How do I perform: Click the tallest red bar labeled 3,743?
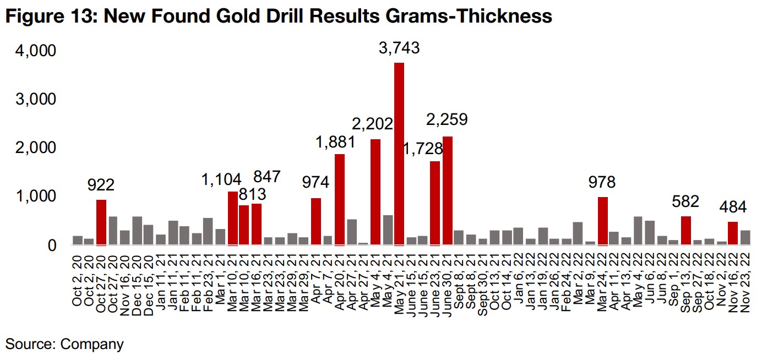(x=399, y=154)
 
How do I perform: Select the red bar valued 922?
(x=101, y=222)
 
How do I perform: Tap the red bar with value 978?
(x=603, y=221)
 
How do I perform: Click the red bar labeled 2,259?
(x=447, y=190)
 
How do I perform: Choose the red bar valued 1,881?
(x=340, y=199)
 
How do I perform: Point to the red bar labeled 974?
(x=316, y=221)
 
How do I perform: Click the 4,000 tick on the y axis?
(x=36, y=51)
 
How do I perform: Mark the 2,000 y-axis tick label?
(x=36, y=148)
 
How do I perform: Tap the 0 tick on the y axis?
(x=52, y=246)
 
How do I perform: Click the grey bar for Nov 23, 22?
(x=745, y=238)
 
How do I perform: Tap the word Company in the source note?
(x=92, y=345)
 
